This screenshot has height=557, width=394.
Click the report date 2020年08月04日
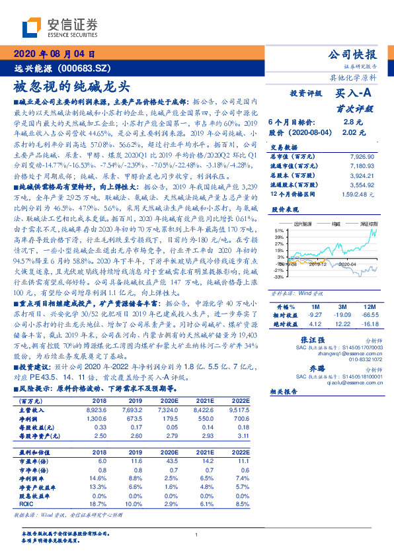54,54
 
